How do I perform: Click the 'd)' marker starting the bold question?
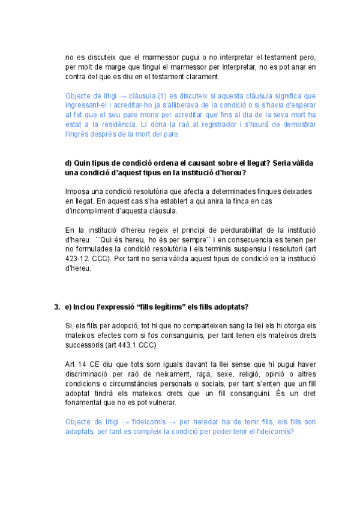[x=68, y=163]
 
